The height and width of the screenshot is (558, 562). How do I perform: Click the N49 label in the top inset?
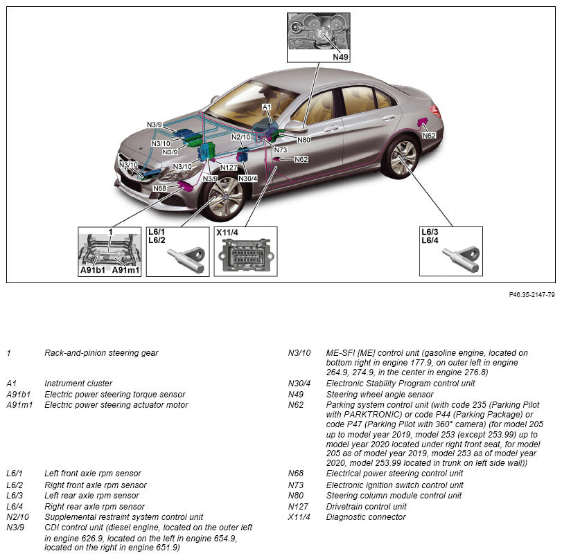340,57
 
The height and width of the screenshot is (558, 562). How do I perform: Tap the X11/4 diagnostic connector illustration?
246,255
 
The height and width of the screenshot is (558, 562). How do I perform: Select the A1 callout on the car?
267,107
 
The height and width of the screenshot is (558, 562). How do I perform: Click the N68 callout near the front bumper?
160,188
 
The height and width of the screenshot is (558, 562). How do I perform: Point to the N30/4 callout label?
247,179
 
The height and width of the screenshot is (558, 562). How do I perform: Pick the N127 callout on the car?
229,168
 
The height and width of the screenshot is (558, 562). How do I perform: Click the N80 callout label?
304,140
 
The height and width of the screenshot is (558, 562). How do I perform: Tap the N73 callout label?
281,150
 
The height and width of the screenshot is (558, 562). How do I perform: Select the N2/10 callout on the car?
241,137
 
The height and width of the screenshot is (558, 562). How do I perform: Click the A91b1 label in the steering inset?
92,270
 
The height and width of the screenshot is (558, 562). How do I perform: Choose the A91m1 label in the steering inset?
125,270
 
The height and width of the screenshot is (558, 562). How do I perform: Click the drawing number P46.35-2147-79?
532,295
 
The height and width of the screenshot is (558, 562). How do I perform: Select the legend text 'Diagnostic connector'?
366,517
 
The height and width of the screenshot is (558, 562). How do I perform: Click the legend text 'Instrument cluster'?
78,384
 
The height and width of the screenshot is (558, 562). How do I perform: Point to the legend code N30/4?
299,384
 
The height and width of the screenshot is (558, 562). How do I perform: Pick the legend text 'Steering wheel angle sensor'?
380,395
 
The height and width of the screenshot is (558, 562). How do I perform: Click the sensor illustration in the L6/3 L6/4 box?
461,259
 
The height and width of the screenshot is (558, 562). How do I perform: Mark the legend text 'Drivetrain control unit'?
367,507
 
